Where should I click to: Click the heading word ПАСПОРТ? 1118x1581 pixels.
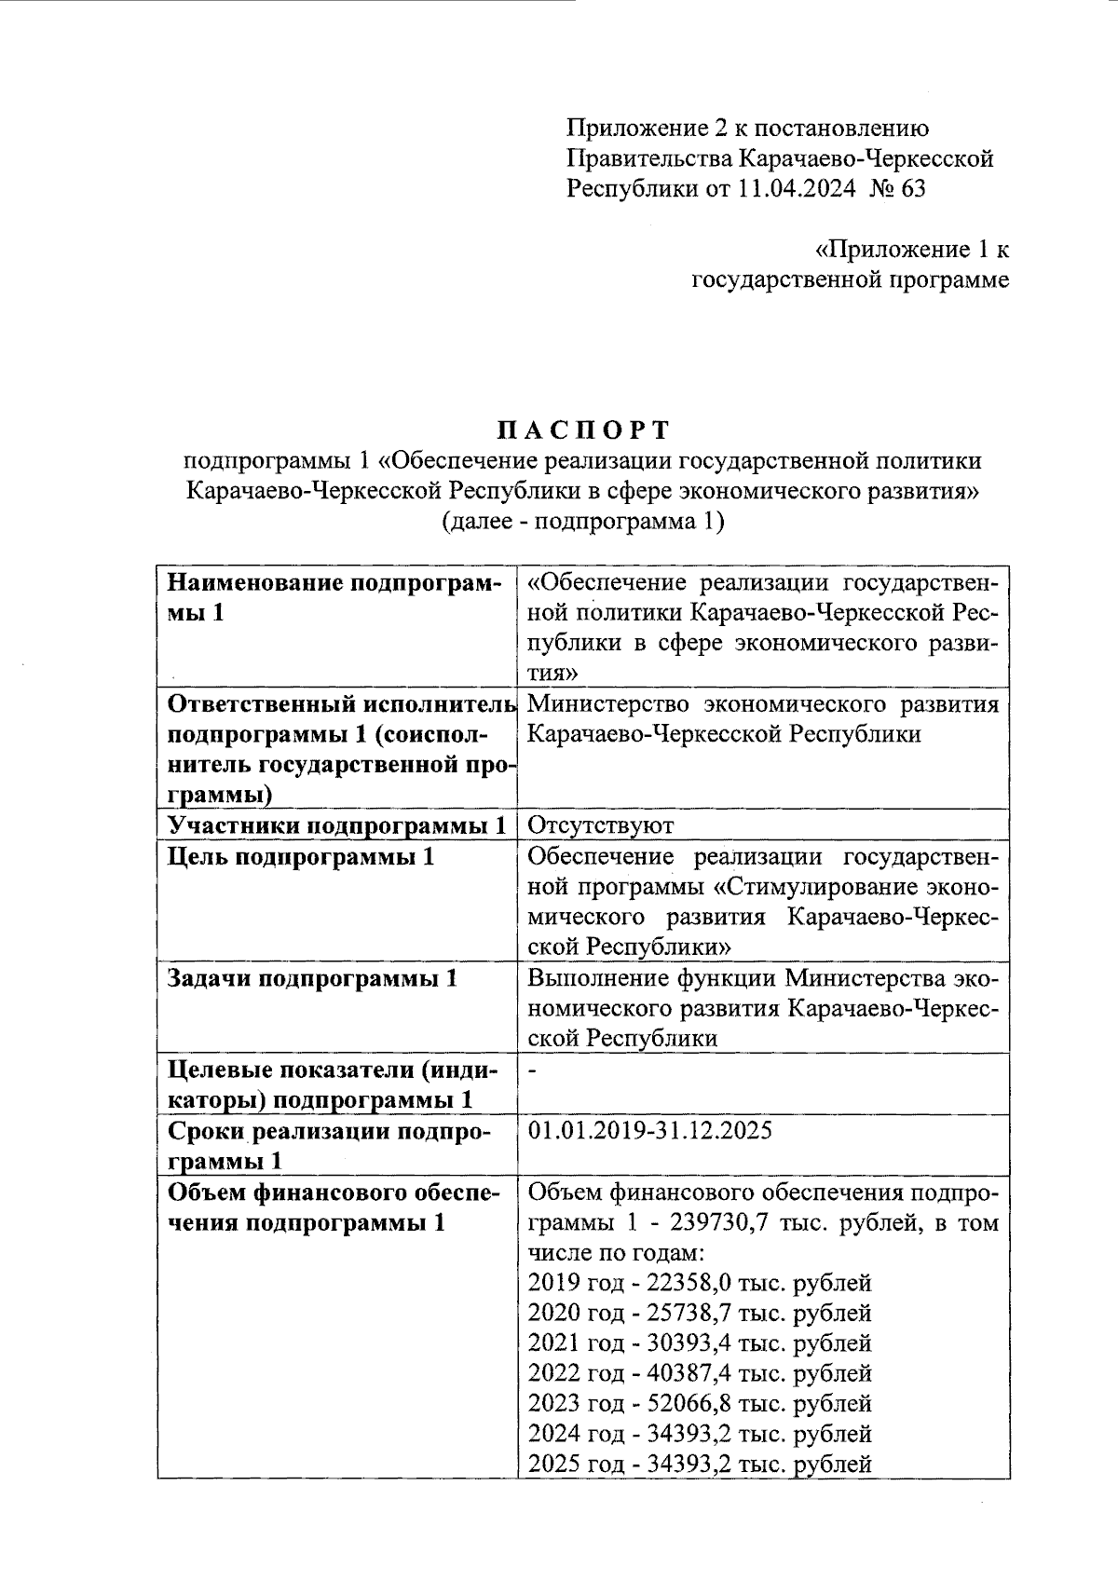[582, 429]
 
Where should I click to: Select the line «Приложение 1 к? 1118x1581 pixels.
[912, 250]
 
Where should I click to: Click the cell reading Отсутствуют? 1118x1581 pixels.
[600, 825]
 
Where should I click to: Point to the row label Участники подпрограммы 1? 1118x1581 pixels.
[336, 825]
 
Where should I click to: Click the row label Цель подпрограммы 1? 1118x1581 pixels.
[300, 856]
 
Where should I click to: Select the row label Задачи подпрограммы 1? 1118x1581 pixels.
[312, 978]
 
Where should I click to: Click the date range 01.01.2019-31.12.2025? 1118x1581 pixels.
[650, 1131]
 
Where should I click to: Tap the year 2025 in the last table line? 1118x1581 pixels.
[552, 1464]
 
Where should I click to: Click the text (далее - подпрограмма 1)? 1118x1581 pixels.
[582, 521]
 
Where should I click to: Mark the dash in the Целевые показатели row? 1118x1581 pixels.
[532, 1071]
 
